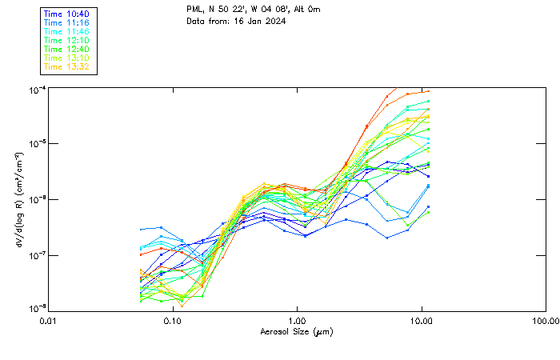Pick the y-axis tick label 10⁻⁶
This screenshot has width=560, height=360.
coord(36,199)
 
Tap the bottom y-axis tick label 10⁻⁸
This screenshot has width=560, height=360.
coord(36,309)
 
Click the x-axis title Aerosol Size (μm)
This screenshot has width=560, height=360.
coord(296,331)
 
